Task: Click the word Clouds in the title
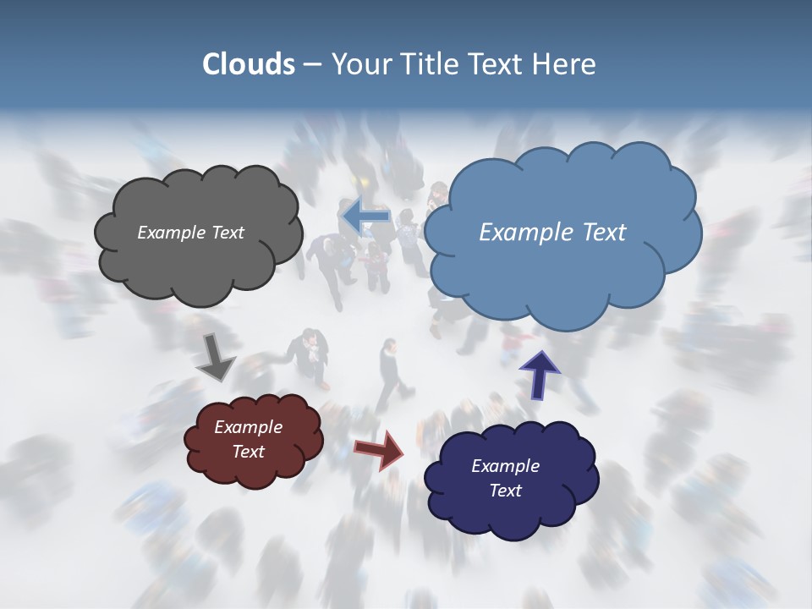click(x=248, y=64)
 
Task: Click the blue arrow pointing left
click(x=365, y=217)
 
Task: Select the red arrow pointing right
click(x=380, y=450)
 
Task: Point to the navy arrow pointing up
click(x=539, y=373)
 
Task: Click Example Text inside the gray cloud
click(x=190, y=233)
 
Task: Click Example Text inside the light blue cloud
click(x=552, y=233)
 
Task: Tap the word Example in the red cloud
click(x=248, y=427)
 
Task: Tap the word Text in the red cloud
click(x=248, y=452)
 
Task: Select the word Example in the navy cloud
click(x=505, y=466)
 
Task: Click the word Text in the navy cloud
click(x=505, y=491)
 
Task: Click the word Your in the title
click(x=358, y=64)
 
